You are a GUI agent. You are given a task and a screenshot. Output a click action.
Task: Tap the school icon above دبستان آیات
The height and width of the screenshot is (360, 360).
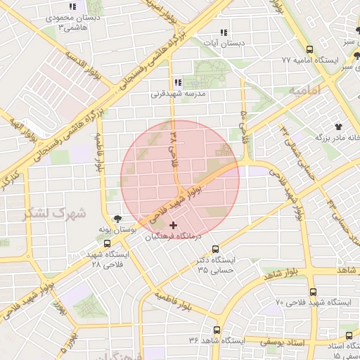[x=223, y=32]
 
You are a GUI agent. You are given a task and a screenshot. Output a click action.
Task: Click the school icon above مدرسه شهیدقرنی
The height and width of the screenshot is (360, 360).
[x=176, y=82]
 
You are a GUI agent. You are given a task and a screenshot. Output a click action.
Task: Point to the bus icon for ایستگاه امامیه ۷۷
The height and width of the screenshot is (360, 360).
[x=310, y=49]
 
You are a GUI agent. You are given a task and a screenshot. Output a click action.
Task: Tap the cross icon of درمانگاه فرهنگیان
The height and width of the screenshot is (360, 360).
[x=173, y=226]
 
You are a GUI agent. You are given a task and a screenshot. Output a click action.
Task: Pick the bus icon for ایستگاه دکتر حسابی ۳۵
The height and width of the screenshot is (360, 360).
[x=215, y=249]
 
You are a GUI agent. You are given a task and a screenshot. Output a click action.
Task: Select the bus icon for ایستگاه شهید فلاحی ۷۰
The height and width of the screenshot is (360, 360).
[x=313, y=290]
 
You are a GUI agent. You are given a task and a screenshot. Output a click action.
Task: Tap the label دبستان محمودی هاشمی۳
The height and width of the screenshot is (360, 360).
[x=75, y=21]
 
